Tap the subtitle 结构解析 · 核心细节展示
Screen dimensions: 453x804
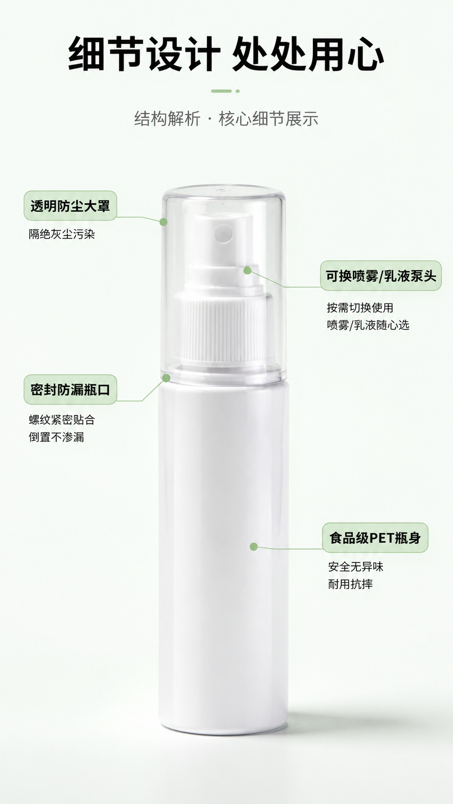pyautogui.click(x=226, y=119)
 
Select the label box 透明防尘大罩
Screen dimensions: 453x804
pyautogui.click(x=70, y=206)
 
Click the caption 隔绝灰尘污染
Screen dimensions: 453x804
pyautogui.click(x=62, y=234)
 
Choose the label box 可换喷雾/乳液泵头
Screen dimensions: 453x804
pyautogui.click(x=381, y=276)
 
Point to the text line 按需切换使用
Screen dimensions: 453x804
pyautogui.click(x=360, y=308)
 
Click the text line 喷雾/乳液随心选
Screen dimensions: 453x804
pyautogui.click(x=368, y=325)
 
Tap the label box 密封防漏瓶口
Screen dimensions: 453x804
pyautogui.click(x=70, y=389)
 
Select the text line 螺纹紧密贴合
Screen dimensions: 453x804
pyautogui.click(x=62, y=420)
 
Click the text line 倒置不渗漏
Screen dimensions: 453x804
pyautogui.click(x=56, y=437)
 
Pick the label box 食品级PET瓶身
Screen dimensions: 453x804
pyautogui.click(x=375, y=538)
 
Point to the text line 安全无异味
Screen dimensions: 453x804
pyautogui.click(x=356, y=567)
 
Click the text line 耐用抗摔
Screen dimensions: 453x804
pyautogui.click(x=350, y=584)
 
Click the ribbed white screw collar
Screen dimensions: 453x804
pyautogui.click(x=223, y=327)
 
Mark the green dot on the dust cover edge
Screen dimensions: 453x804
pyautogui.click(x=164, y=222)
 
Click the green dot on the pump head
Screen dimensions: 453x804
pyautogui.click(x=247, y=270)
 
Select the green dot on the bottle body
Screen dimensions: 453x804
pyautogui.click(x=254, y=547)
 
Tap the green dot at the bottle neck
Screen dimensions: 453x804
pyautogui.click(x=166, y=377)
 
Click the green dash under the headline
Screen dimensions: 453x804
pyautogui.click(x=221, y=91)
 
